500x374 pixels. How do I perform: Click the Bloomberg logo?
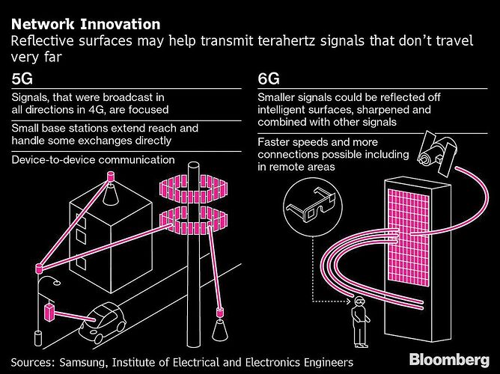[449, 361]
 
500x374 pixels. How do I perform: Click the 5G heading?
[22, 79]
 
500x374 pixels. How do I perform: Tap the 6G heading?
[269, 79]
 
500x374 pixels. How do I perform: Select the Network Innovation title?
[86, 24]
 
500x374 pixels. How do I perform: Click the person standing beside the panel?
[360, 322]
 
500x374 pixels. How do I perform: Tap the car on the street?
[103, 322]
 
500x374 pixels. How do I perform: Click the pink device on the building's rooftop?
[111, 176]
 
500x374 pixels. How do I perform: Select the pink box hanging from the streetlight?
[49, 313]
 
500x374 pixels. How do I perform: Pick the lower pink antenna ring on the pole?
[194, 221]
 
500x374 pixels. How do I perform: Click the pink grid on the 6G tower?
[409, 237]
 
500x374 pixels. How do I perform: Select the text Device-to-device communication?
[93, 159]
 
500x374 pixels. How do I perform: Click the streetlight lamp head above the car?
[56, 283]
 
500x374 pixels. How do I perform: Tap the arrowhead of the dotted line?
[349, 301]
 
